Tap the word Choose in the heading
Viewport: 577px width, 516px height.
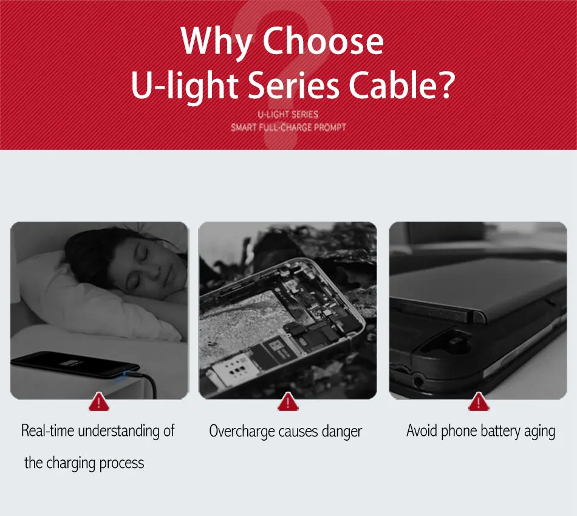click(x=323, y=41)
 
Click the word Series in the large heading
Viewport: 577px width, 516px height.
click(x=293, y=85)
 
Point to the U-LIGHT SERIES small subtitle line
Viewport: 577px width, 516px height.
click(x=288, y=115)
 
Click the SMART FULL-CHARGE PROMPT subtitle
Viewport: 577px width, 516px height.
click(x=288, y=128)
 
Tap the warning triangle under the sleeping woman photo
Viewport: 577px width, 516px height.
click(x=99, y=401)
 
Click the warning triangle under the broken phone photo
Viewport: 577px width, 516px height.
click(x=288, y=401)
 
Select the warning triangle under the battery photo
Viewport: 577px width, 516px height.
click(x=479, y=401)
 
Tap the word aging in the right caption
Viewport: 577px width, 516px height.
click(x=540, y=432)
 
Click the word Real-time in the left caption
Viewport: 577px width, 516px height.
click(x=48, y=430)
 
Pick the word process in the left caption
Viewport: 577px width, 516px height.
click(x=121, y=463)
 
